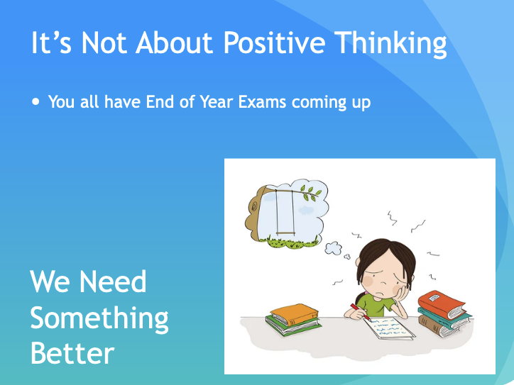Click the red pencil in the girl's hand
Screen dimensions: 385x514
coord(355,309)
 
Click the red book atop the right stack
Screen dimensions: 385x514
coord(441,303)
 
